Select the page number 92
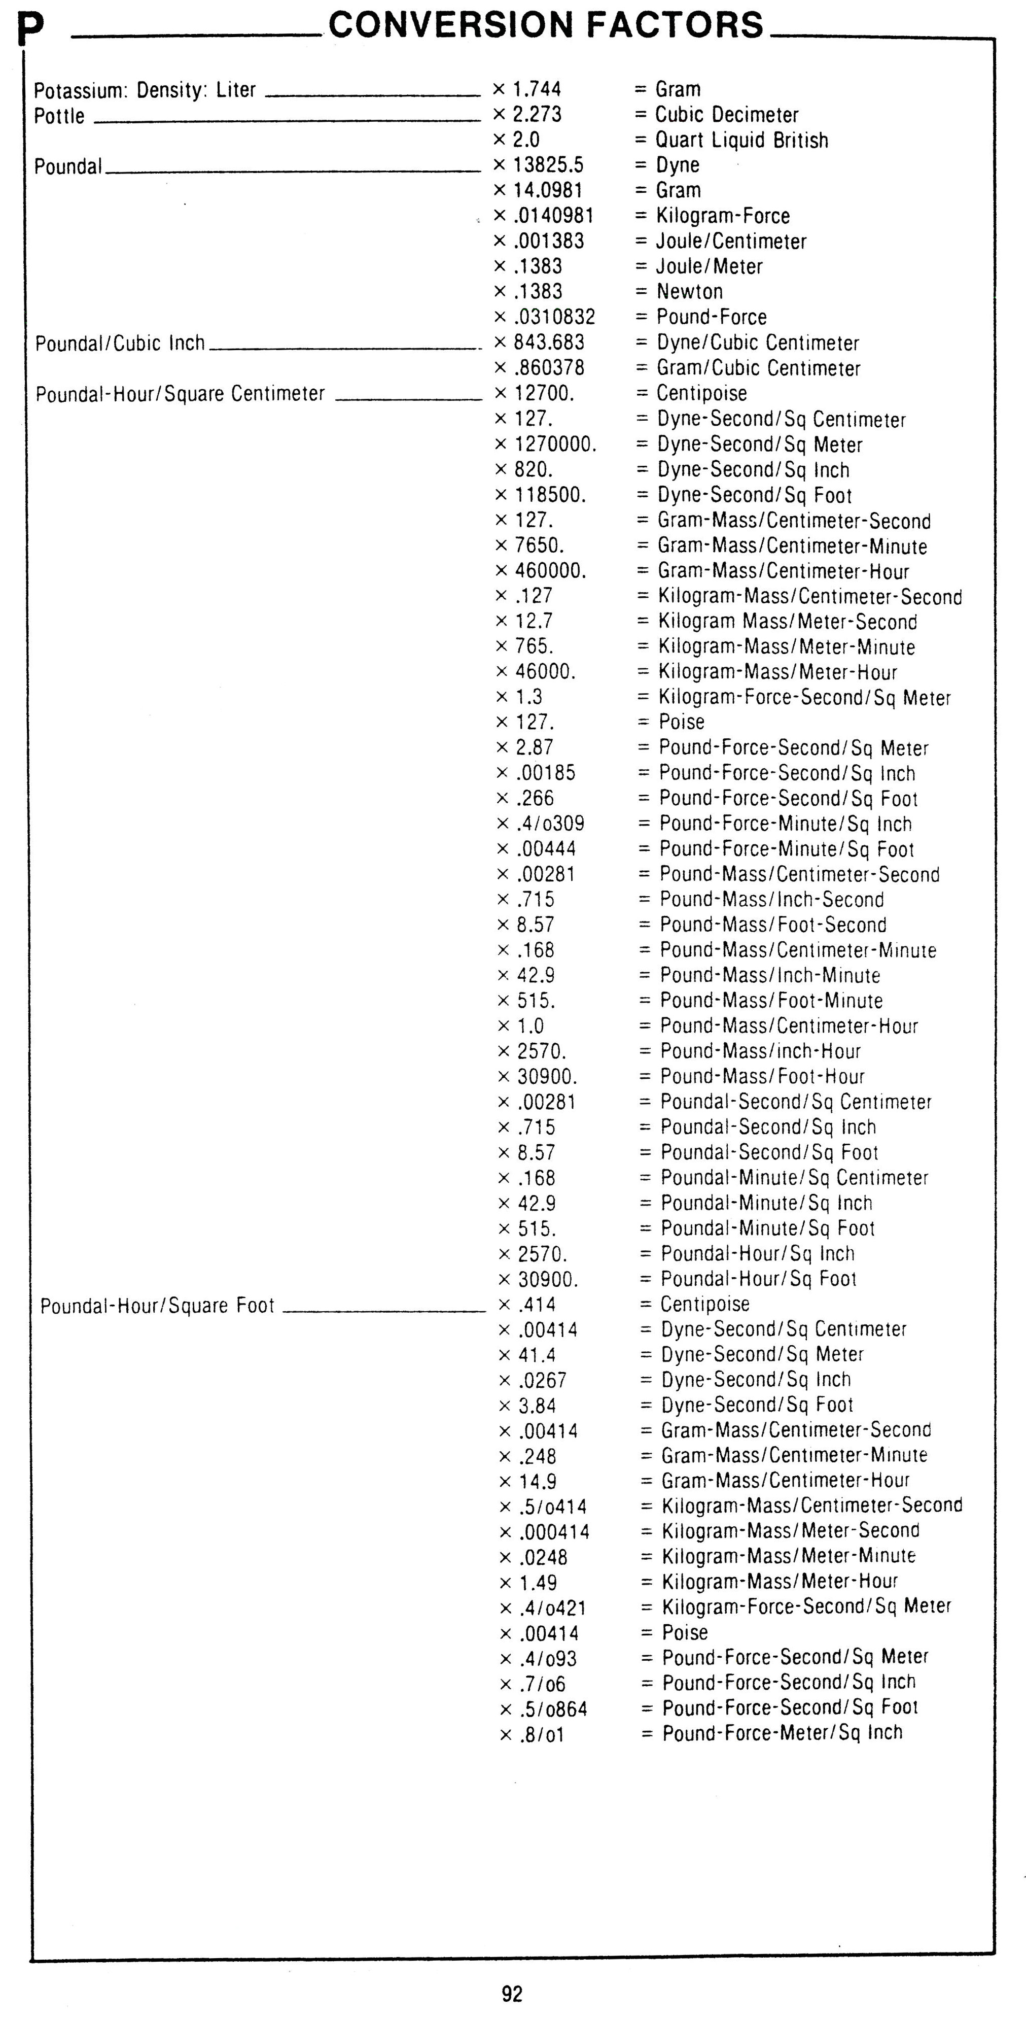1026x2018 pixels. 512,1994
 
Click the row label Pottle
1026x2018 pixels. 59,116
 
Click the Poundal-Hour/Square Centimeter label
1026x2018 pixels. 180,393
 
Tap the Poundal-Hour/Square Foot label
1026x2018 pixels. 157,1305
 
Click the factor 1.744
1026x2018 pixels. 537,89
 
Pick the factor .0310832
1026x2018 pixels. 554,317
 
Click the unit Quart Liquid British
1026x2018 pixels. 741,140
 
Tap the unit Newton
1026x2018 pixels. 689,291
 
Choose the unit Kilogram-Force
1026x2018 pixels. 722,216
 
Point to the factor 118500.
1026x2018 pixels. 550,495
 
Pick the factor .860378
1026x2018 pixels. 549,367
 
